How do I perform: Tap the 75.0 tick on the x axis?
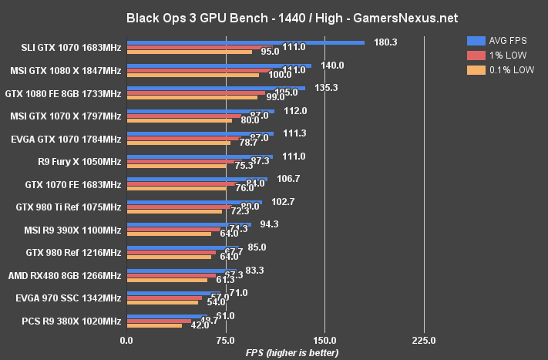pyautogui.click(x=226, y=340)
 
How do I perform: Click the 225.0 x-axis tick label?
pyautogui.click(x=424, y=340)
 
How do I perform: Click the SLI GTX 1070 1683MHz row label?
pyautogui.click(x=72, y=47)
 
